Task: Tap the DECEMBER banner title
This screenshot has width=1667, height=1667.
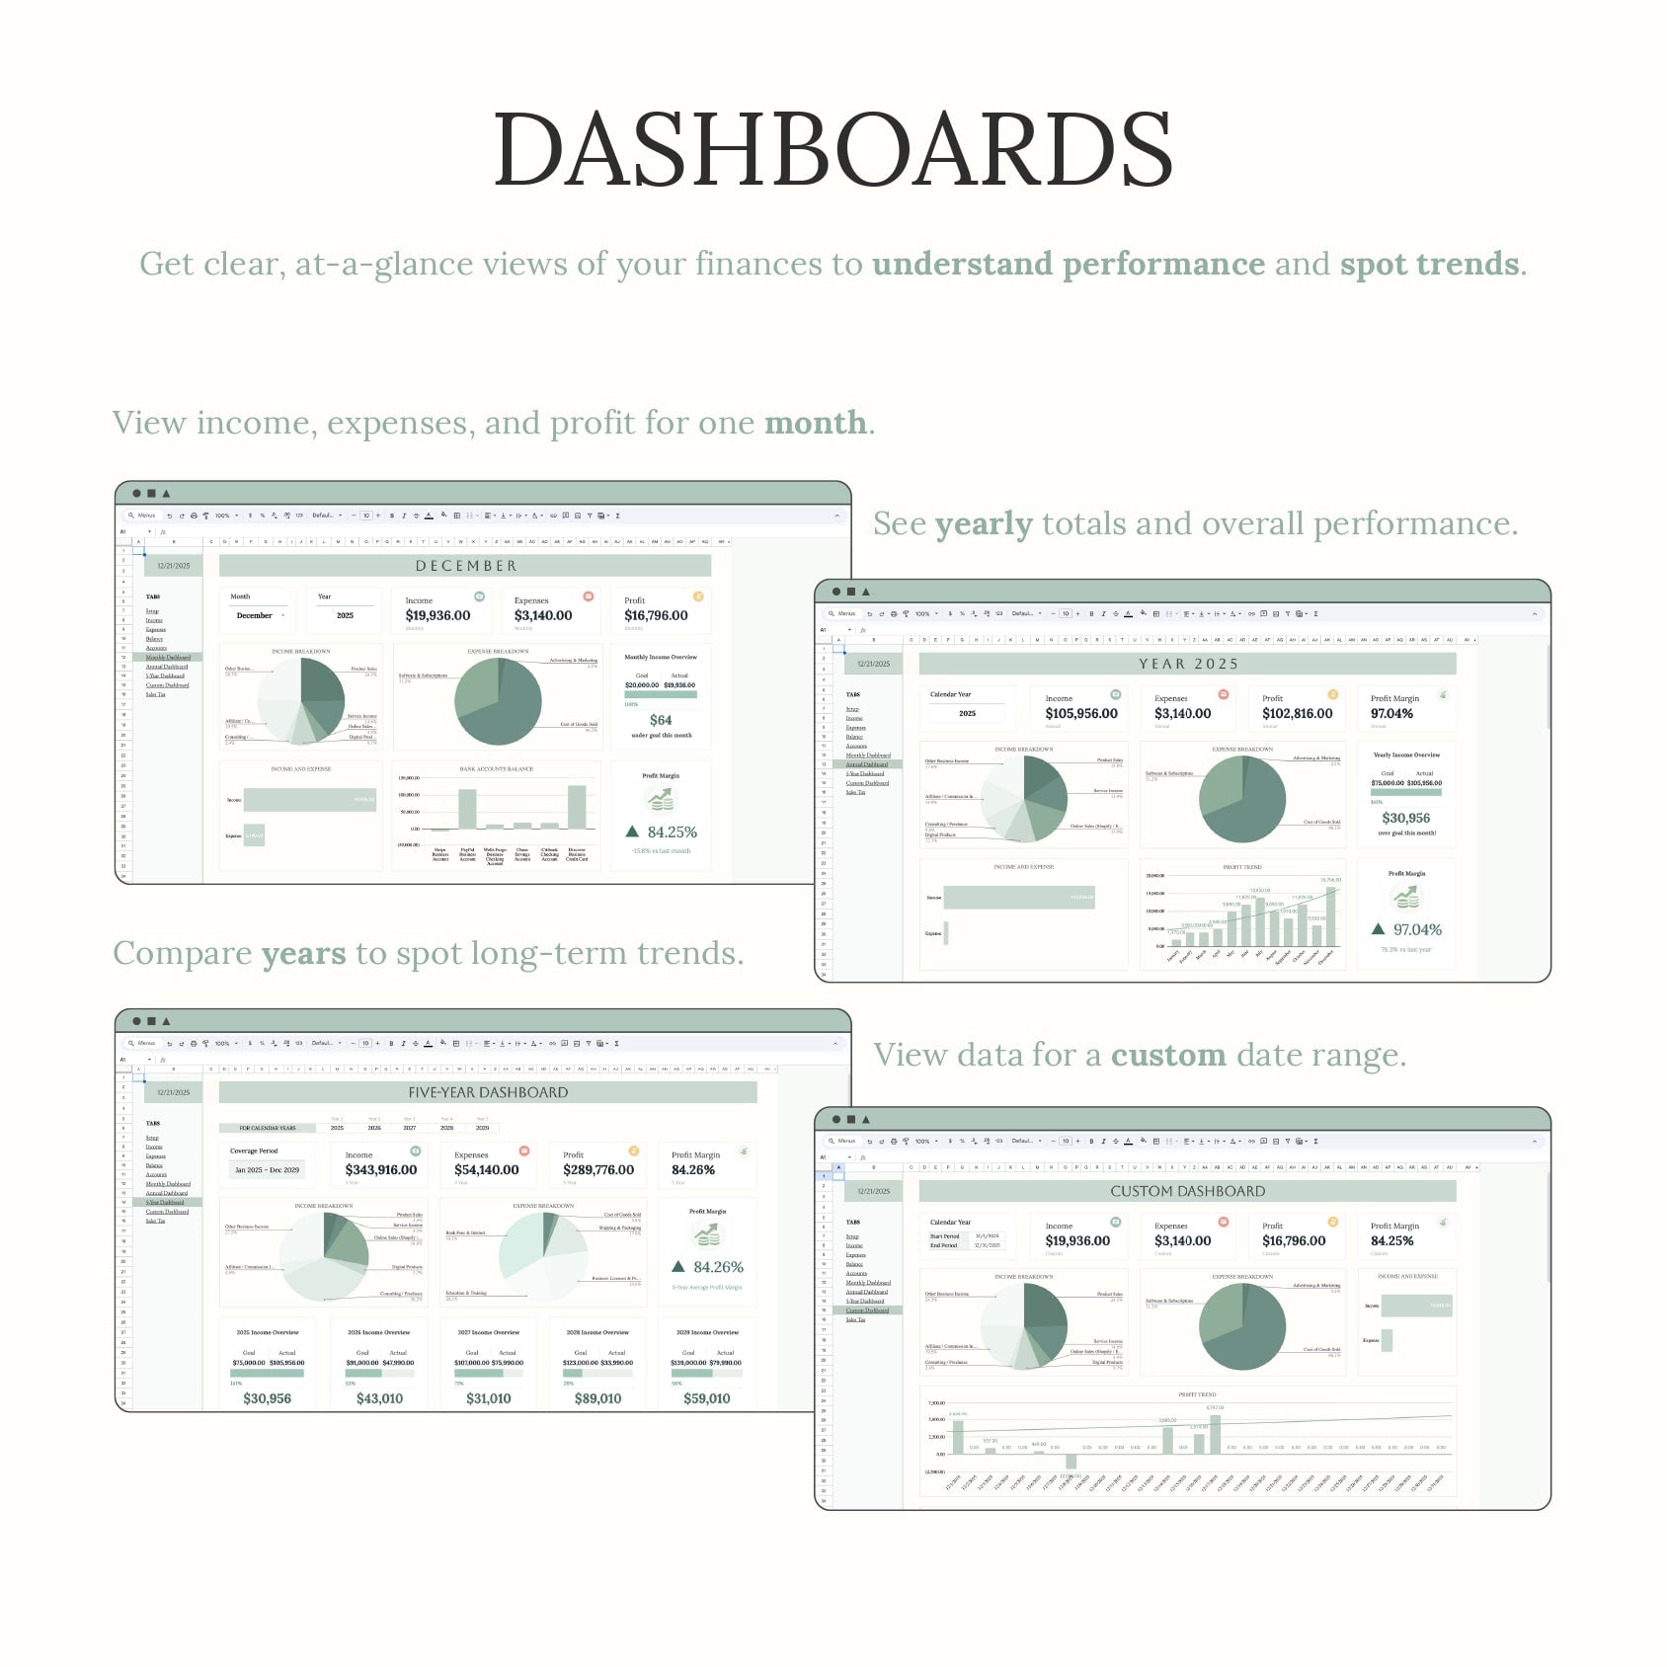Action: (466, 566)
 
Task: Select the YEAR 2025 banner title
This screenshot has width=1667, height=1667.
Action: (1188, 664)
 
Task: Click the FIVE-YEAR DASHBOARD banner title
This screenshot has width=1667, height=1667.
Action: (488, 1092)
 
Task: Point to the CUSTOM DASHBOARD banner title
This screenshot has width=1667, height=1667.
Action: (1187, 1191)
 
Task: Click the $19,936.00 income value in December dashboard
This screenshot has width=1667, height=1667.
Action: (437, 615)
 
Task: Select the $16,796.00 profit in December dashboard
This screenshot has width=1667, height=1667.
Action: (656, 615)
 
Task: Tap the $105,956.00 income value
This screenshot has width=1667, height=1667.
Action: (1081, 713)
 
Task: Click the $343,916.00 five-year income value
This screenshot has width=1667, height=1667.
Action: (381, 1169)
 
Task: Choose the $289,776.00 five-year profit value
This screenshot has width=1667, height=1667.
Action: (598, 1169)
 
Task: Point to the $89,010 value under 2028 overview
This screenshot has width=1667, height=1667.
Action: (597, 1398)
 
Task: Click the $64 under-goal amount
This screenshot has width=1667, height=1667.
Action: (661, 720)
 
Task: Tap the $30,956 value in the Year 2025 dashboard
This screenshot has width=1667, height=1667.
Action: (1405, 818)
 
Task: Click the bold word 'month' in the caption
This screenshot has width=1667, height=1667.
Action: (815, 423)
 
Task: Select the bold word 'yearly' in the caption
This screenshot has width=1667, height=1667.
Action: (984, 523)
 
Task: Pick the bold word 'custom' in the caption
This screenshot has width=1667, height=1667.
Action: (1168, 1055)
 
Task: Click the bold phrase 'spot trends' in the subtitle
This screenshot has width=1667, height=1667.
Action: (1429, 264)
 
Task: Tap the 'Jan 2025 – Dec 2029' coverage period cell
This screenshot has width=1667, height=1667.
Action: (267, 1169)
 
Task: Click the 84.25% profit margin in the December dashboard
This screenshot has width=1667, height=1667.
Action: (672, 833)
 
